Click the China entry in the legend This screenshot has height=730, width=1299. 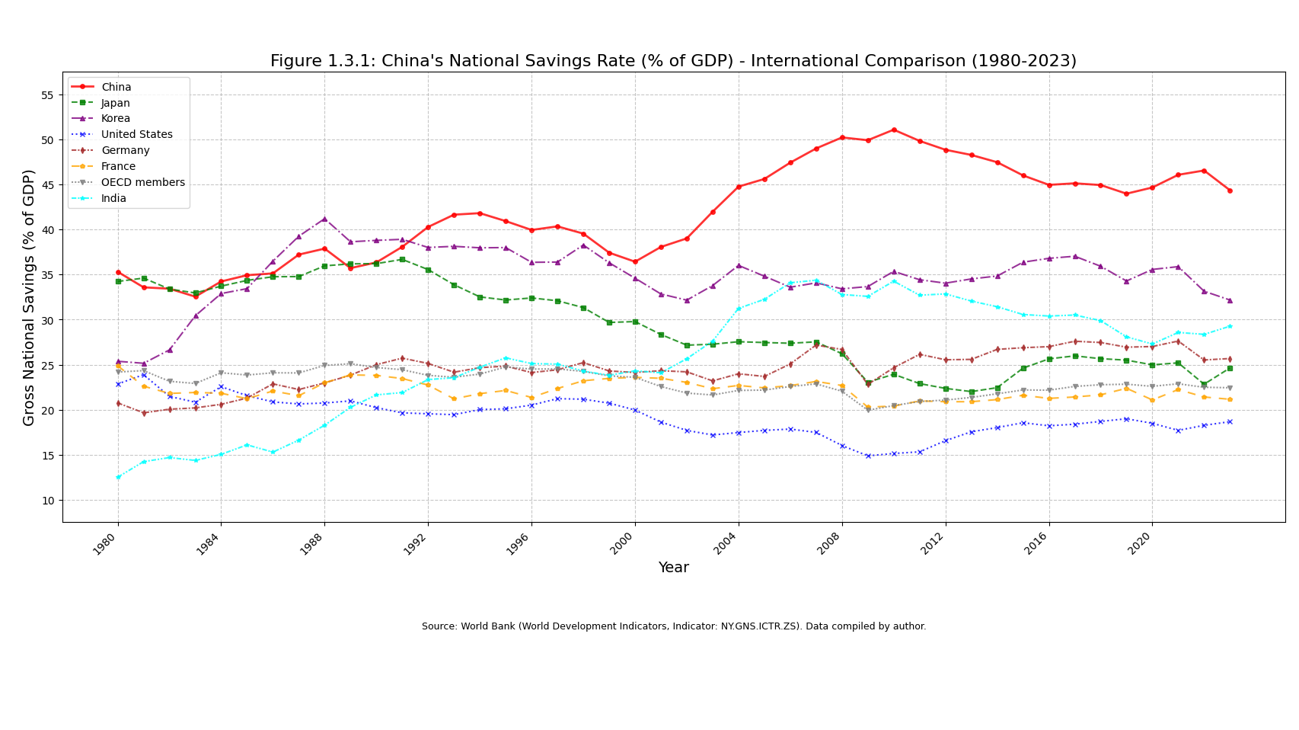[116, 87]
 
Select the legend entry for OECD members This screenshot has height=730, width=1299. [142, 183]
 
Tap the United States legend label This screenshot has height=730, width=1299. [136, 135]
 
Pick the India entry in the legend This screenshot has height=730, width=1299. [113, 199]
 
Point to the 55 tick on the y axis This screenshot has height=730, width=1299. [47, 95]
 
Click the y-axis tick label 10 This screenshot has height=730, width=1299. [47, 501]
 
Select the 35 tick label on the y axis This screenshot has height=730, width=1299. [47, 275]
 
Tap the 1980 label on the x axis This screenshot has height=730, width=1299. [107, 543]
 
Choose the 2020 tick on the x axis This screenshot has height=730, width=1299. [1141, 543]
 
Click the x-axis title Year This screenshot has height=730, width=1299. [673, 568]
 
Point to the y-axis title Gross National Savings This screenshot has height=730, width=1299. [30, 297]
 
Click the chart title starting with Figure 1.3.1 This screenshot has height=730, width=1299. [673, 62]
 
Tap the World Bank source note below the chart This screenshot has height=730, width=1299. [674, 627]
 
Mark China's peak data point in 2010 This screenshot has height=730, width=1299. [894, 130]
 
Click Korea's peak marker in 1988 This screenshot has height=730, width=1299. [324, 219]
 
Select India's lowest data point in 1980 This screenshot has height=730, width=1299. [118, 477]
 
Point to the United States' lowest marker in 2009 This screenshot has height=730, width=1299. [868, 456]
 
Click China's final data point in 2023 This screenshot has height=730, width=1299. [1230, 191]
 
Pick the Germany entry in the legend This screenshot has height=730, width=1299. [125, 151]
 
